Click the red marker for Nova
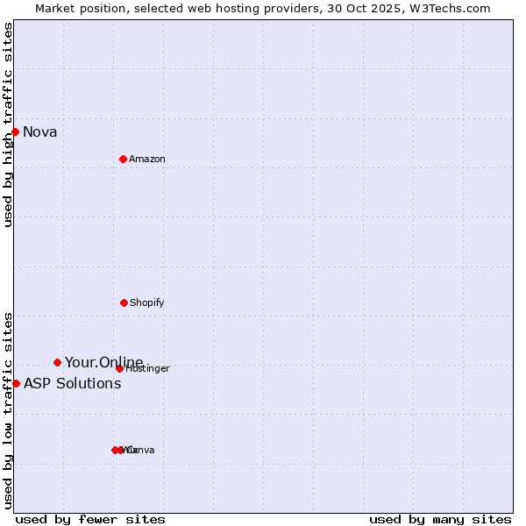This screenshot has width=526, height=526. (x=15, y=131)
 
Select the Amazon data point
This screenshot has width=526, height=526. (x=123, y=159)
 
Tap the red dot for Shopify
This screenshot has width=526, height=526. (x=124, y=302)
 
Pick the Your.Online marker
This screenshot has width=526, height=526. (x=57, y=362)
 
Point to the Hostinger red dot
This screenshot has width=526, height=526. (x=119, y=368)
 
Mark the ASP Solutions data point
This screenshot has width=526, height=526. (x=16, y=383)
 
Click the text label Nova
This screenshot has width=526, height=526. (x=40, y=132)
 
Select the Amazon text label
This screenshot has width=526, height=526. (x=147, y=160)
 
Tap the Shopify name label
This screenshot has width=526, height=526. (x=147, y=303)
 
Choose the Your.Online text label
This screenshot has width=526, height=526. (x=103, y=362)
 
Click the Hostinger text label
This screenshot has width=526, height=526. (x=148, y=369)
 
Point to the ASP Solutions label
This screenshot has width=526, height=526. (x=72, y=383)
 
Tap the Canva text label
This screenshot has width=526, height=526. (x=141, y=451)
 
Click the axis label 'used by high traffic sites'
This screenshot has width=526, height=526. (x=9, y=124)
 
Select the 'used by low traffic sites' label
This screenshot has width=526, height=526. (x=9, y=409)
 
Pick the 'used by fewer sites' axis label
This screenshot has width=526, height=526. (x=90, y=519)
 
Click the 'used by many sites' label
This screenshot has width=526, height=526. (x=440, y=519)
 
